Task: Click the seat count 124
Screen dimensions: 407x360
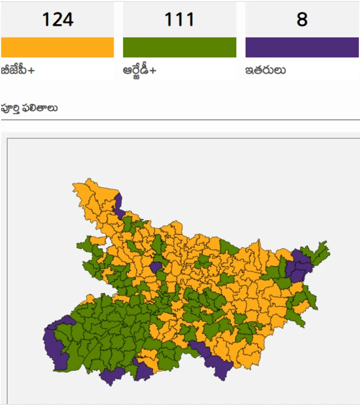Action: click(57, 20)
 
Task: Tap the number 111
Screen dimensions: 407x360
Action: click(179, 20)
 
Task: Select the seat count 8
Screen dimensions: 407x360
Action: click(302, 20)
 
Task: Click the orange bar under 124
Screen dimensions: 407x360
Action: click(57, 47)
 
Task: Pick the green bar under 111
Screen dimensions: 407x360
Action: click(179, 47)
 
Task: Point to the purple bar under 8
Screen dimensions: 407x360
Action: click(302, 47)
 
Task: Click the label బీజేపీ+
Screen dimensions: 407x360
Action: click(17, 71)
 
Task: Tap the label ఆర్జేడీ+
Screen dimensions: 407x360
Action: click(139, 71)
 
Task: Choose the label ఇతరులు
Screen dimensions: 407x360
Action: click(265, 71)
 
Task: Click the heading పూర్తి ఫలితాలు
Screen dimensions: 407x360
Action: click(29, 108)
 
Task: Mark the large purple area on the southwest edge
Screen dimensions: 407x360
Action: click(55, 344)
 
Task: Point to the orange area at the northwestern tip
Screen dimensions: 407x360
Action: click(84, 191)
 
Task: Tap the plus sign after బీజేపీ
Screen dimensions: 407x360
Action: click(31, 71)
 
